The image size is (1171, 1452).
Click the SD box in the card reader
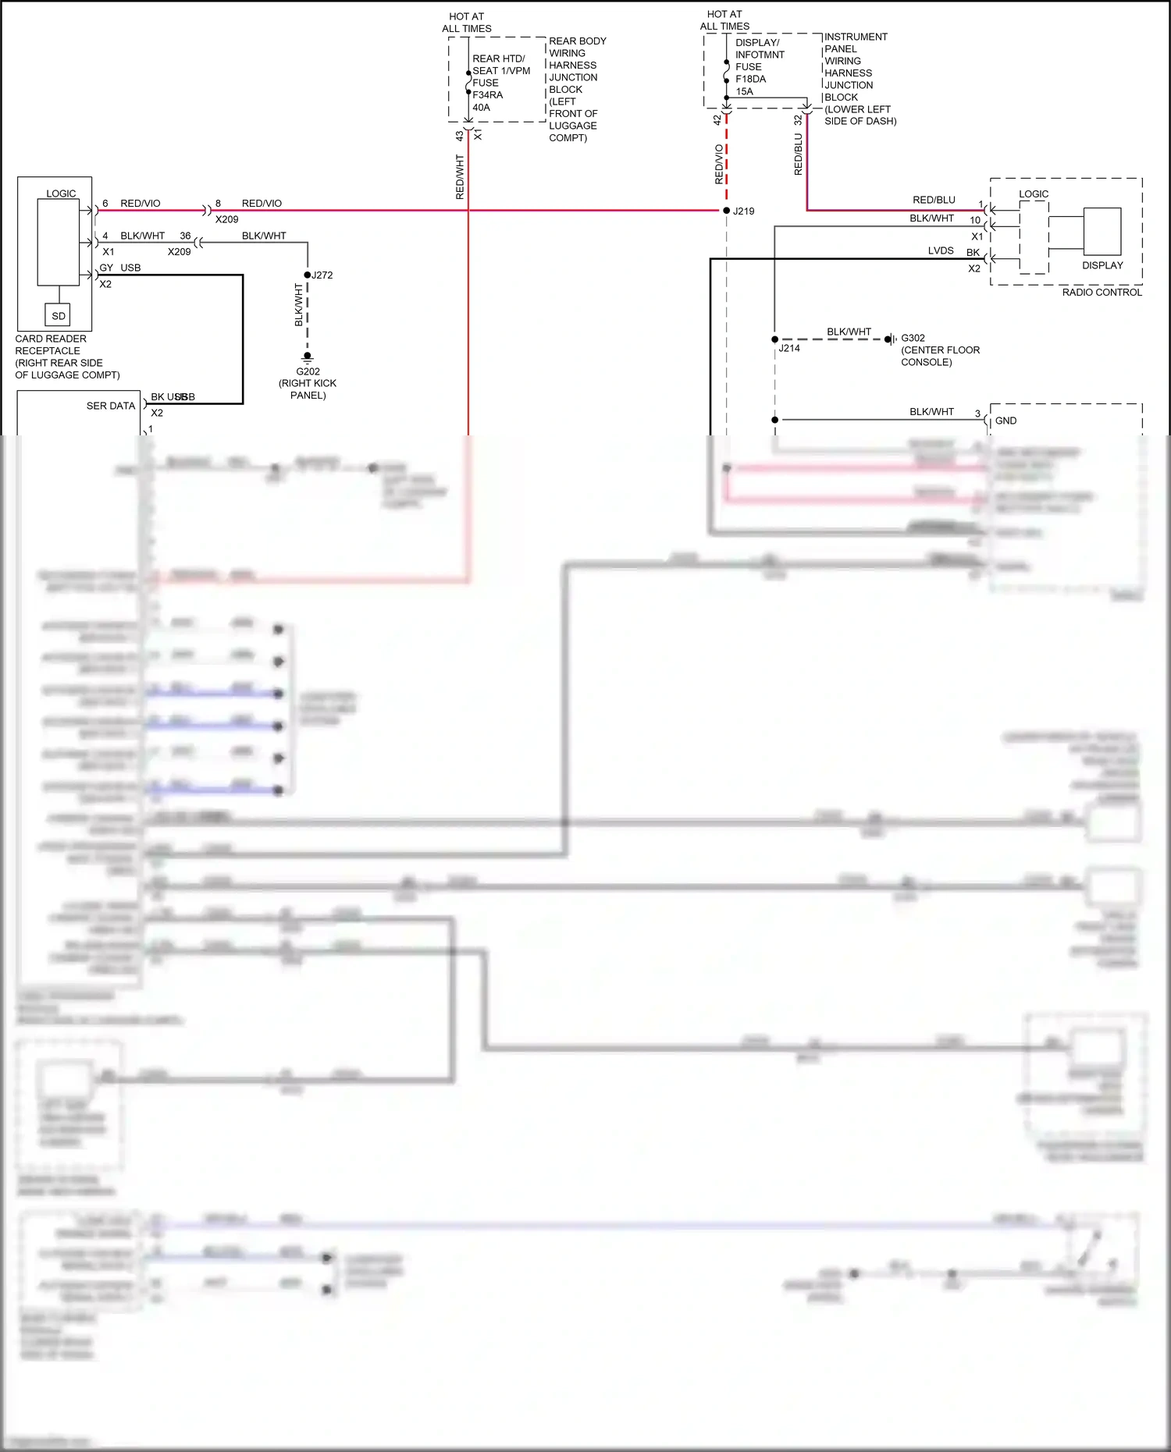59,315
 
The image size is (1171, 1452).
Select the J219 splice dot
727,211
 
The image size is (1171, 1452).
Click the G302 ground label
913,338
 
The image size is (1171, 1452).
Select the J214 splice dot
774,339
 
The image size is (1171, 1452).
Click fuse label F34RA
487,95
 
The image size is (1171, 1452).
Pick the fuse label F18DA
750,79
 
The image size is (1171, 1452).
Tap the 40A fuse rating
481,108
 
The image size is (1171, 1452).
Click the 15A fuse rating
744,91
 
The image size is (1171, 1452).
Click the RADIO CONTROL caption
1102,292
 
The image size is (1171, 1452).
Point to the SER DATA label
111,406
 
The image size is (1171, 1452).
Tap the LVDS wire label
941,250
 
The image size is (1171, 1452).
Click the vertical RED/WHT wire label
460,176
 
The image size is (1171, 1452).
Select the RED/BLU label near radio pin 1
934,200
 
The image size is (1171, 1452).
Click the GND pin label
1005,421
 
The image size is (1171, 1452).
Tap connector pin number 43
460,135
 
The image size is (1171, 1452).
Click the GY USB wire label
120,268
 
